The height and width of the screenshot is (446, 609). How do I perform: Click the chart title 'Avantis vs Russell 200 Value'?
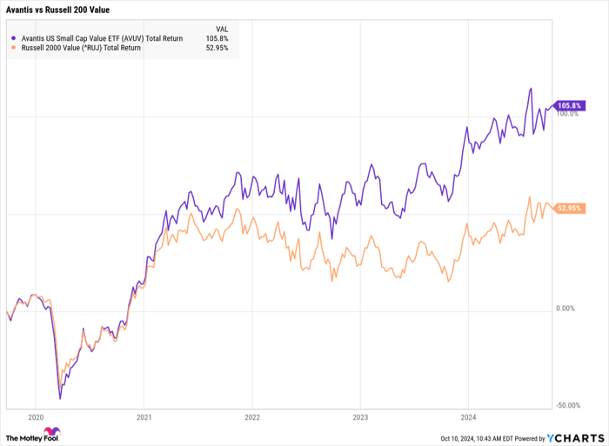(57, 10)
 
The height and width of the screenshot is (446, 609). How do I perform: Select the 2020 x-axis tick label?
(37, 416)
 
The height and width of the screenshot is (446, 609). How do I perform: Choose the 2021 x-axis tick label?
(144, 416)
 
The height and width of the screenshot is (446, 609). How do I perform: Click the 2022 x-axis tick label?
(251, 416)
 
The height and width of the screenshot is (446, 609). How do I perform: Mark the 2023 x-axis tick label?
(359, 416)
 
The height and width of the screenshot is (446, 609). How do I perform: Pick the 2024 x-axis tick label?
(467, 416)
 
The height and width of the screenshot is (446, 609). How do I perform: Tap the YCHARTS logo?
(576, 437)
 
